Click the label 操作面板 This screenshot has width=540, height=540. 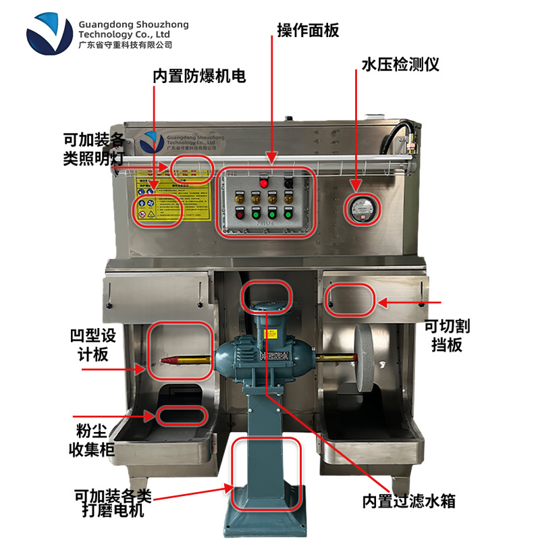(307, 31)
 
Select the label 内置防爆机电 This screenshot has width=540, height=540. (199, 76)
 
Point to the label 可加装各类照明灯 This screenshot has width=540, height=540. (94, 148)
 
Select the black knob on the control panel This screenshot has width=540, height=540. (288, 182)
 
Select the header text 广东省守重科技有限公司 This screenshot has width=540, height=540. (126, 45)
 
